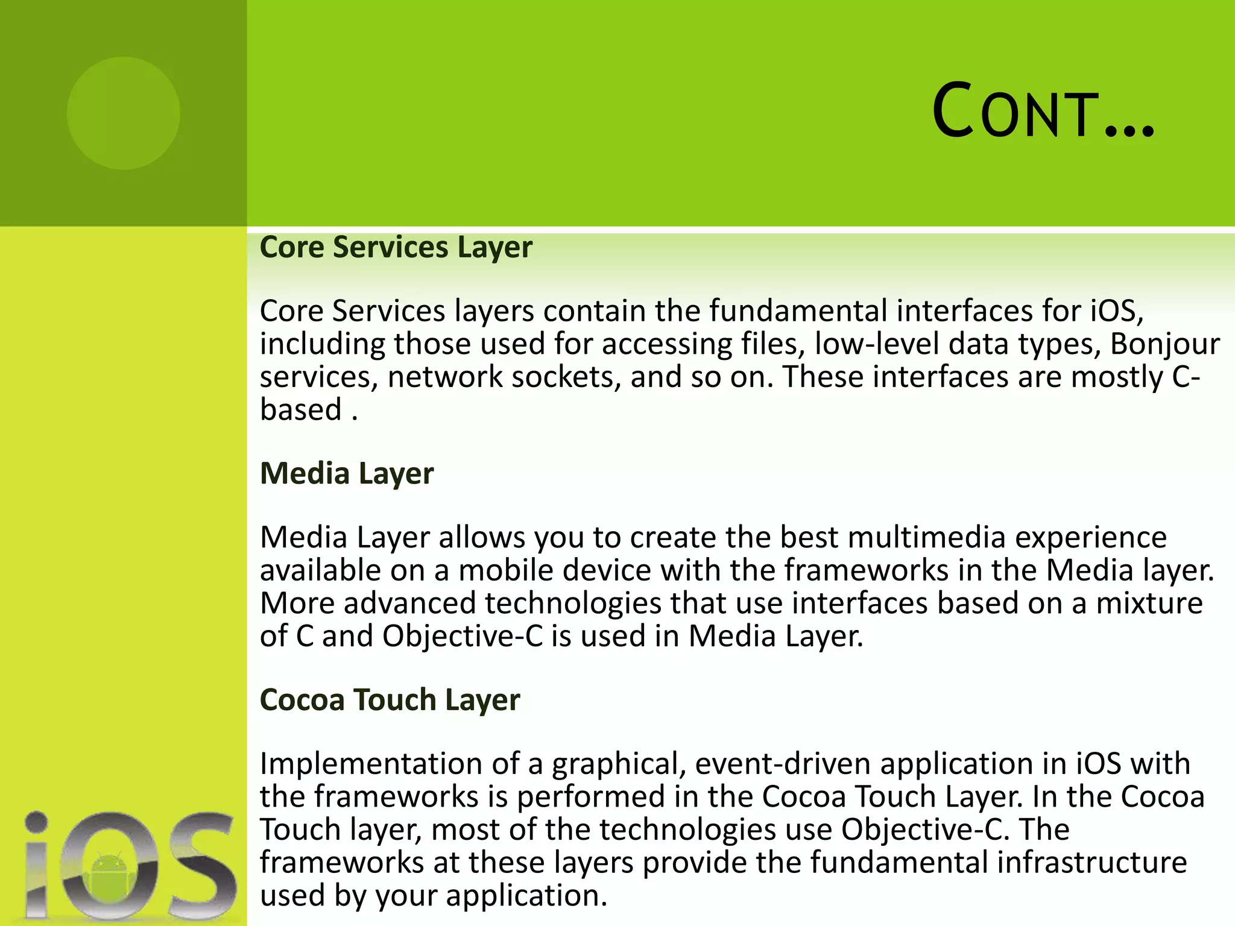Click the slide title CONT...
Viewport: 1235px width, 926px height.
click(1042, 112)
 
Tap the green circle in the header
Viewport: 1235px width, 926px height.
click(123, 113)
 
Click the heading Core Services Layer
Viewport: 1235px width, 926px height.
click(396, 247)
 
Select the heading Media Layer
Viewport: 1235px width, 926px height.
click(346, 473)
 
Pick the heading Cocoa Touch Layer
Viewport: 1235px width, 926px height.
click(390, 700)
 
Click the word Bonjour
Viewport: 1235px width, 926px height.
click(1164, 344)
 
